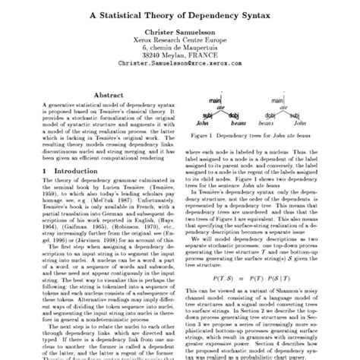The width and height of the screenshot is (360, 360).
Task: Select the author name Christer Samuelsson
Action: [x=179, y=35]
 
